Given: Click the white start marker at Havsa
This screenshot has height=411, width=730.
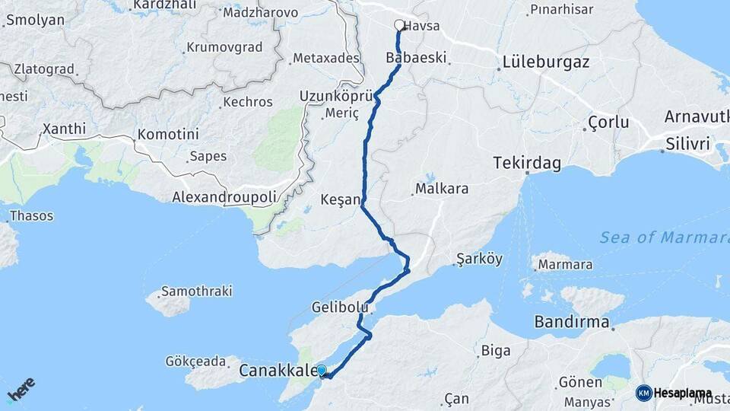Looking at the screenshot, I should point(399,25).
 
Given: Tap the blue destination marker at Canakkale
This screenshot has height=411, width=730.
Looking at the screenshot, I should point(321,371).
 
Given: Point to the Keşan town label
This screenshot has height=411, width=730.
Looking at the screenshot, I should point(340,199).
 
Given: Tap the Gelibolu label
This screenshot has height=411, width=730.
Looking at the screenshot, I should point(340,307).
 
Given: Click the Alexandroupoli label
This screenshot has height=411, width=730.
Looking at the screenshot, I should point(224,197).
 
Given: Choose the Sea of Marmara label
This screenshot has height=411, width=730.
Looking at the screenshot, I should point(663,237).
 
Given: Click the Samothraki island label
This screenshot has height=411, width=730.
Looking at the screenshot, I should point(198,292).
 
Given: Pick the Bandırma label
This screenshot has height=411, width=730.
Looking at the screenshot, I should point(572,322).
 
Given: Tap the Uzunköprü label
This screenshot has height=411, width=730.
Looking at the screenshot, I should point(335,97).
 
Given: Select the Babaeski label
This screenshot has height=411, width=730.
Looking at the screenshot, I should point(416,58).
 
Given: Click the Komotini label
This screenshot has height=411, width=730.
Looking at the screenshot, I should point(167,134).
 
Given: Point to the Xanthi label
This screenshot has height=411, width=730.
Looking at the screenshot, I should point(65,129).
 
